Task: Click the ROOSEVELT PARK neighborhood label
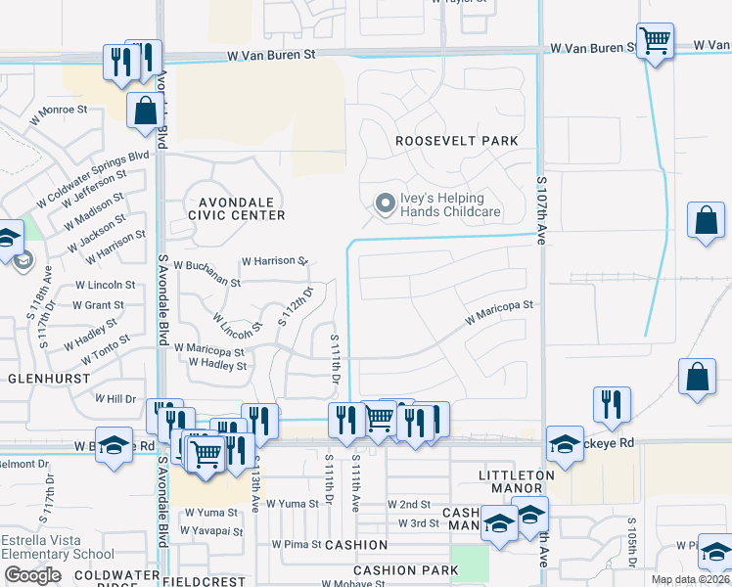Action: (x=456, y=141)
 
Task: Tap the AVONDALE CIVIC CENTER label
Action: (x=238, y=208)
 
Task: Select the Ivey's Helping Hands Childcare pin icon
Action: (x=385, y=204)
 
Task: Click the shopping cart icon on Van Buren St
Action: (x=655, y=42)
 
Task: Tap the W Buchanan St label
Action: (x=206, y=273)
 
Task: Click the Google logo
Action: (x=32, y=575)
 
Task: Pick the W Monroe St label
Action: (x=59, y=115)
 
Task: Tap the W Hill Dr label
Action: (x=115, y=399)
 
